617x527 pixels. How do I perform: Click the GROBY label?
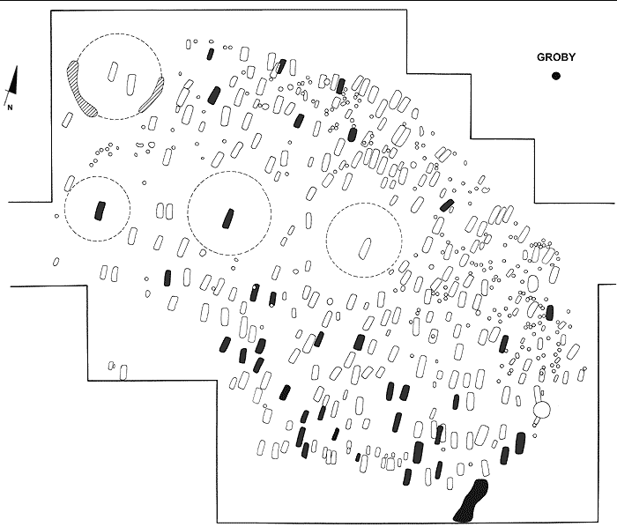(x=556, y=58)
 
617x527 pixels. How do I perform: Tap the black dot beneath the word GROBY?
(x=556, y=76)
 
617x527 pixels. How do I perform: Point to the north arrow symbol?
(x=11, y=86)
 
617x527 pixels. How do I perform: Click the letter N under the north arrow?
(x=10, y=108)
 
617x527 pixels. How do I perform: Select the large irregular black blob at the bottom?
(x=471, y=501)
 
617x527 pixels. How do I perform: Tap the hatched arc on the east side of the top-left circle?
(x=152, y=95)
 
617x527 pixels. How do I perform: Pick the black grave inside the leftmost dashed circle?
(x=99, y=210)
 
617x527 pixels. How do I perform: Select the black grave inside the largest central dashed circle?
(x=229, y=217)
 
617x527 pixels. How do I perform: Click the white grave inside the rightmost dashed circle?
(x=363, y=247)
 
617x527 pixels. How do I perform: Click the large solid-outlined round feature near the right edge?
(x=542, y=410)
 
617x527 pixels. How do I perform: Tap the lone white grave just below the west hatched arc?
(x=67, y=119)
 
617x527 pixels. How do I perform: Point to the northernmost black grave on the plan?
(x=210, y=54)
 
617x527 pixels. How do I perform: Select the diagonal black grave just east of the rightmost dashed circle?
(x=447, y=205)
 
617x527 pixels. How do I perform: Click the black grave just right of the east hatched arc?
(x=215, y=94)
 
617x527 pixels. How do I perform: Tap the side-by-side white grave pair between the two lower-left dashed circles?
(x=163, y=212)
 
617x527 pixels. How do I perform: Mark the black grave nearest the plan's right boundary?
(x=549, y=312)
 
